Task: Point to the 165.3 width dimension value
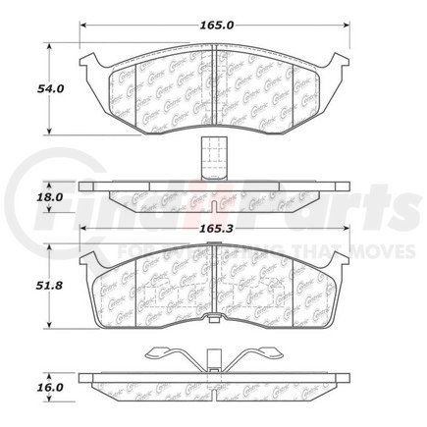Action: pyautogui.click(x=214, y=228)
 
